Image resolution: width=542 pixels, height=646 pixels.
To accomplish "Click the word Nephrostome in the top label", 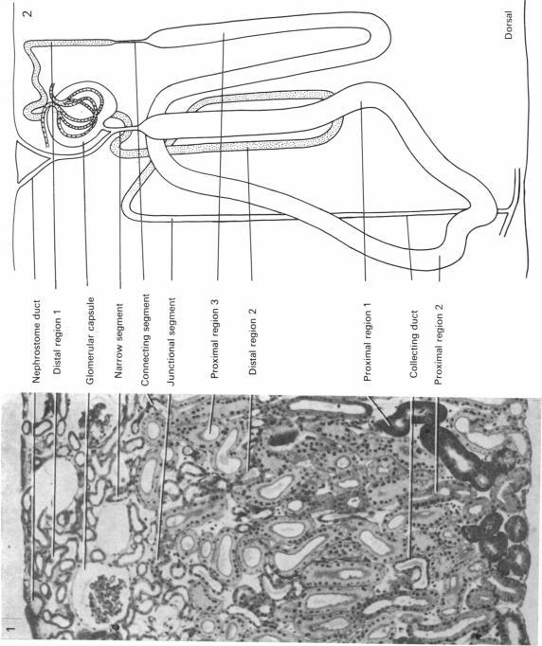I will pos(35,359).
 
